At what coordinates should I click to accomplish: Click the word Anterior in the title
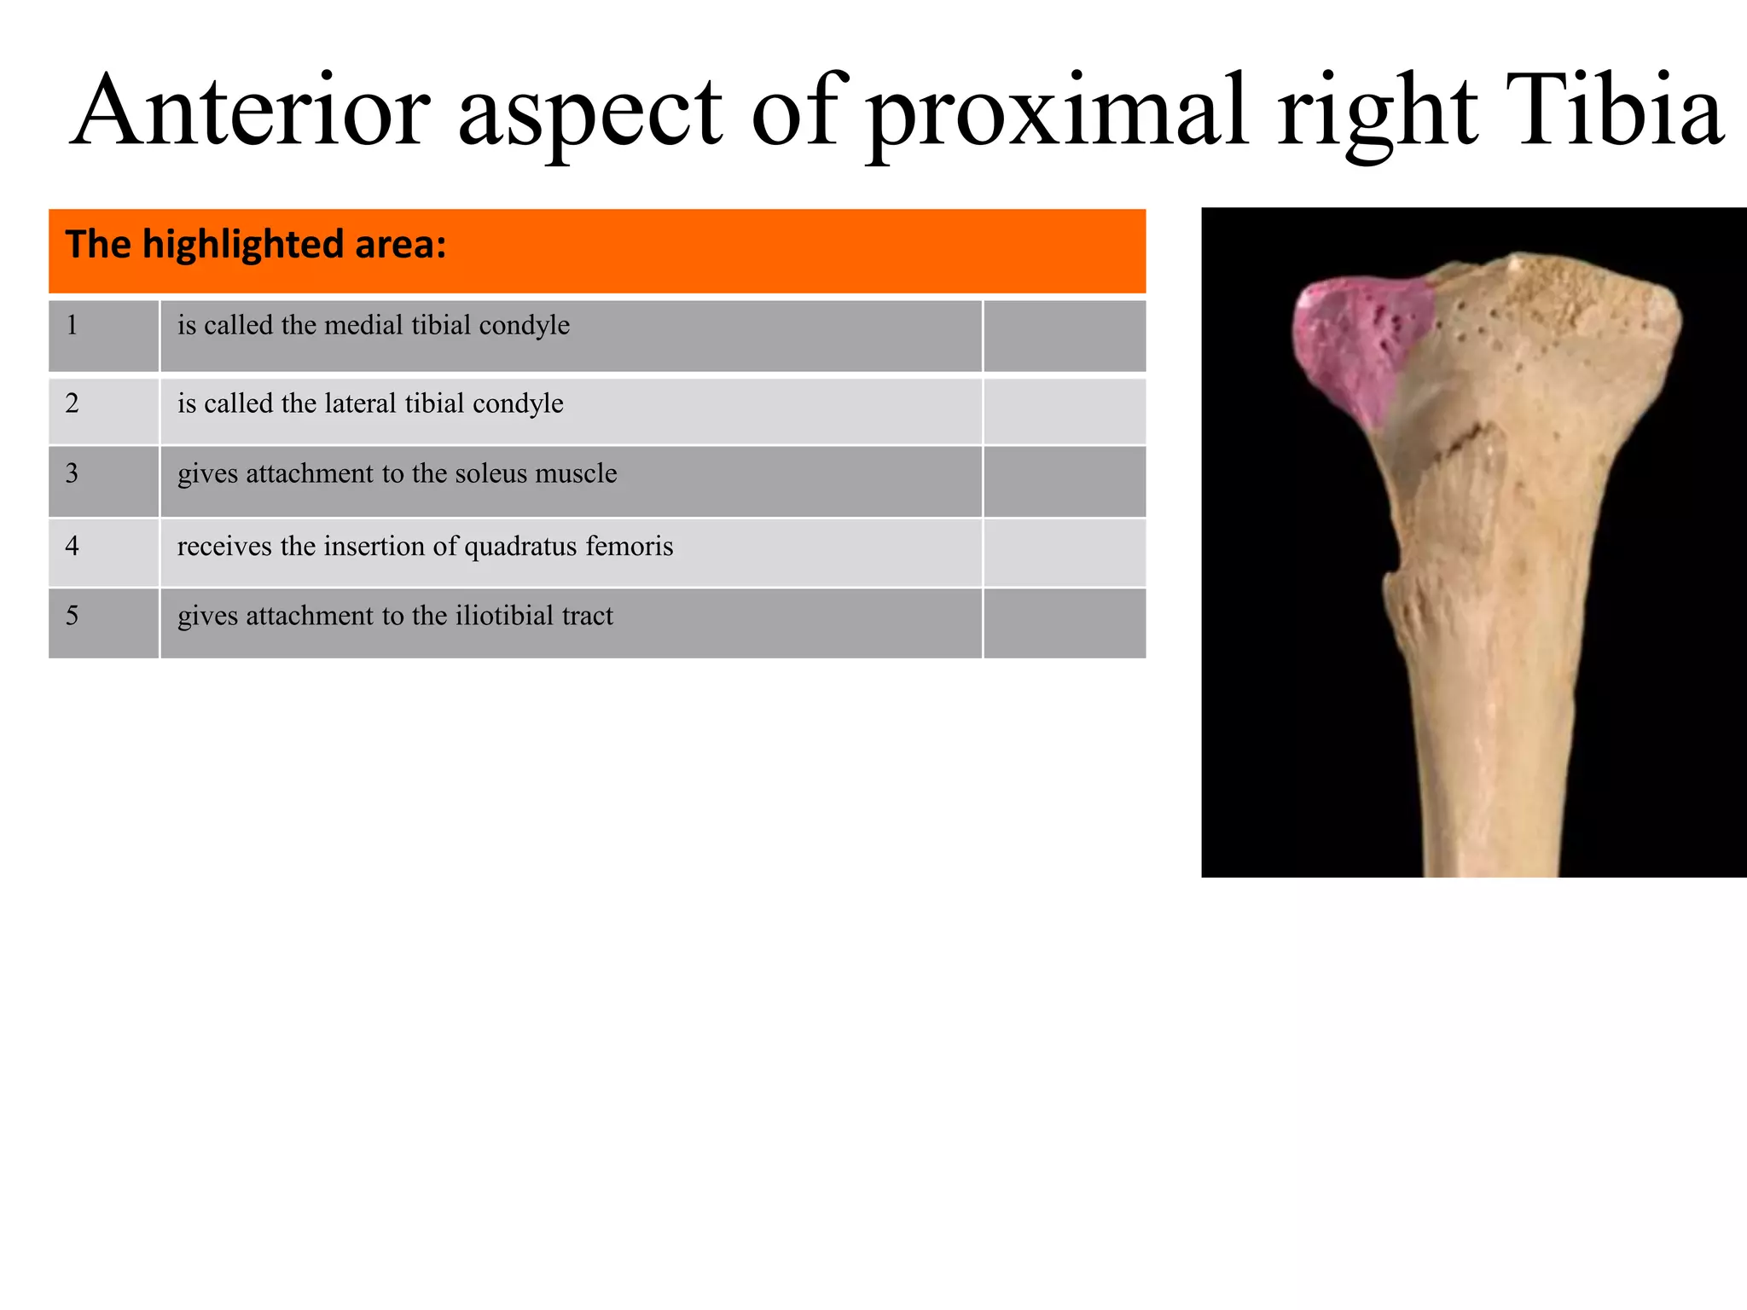[252, 111]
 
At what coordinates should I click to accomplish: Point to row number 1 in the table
[73, 325]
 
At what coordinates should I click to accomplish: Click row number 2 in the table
[73, 403]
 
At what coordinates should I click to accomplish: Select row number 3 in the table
[73, 473]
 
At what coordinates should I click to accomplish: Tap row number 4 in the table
[73, 546]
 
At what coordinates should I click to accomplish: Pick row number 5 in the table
[73, 616]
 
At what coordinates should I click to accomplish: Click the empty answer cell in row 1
[1064, 335]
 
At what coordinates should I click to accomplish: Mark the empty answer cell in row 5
[1064, 623]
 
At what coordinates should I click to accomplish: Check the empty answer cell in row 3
[1064, 482]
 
